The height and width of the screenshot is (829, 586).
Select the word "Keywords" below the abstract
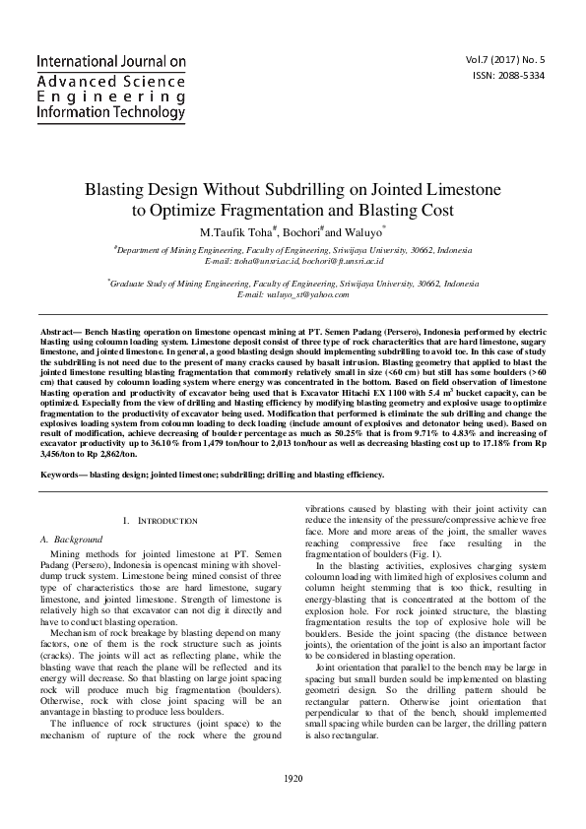(60, 475)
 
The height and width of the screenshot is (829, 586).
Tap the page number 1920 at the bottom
(293, 806)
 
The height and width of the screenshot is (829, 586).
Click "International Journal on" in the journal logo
(111, 62)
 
